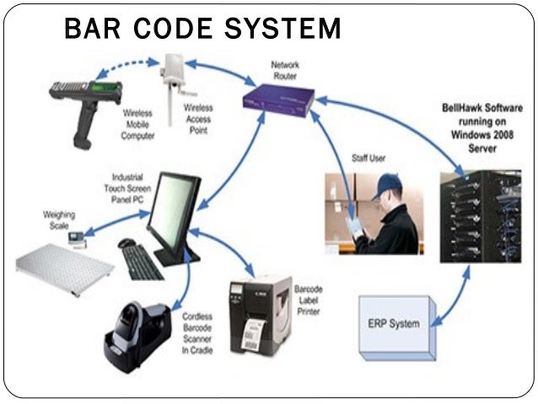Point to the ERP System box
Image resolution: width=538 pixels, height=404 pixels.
pyautogui.click(x=395, y=323)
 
